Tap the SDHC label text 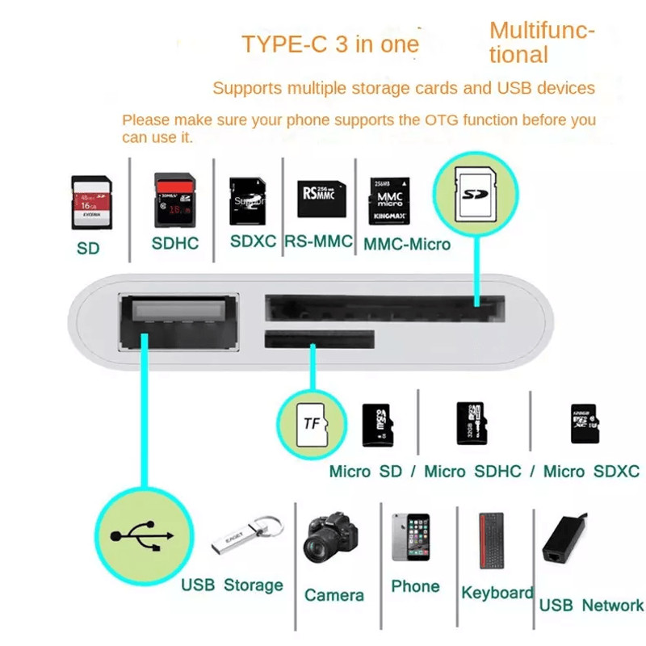(x=174, y=243)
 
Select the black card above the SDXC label (x=247, y=201)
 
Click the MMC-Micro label (x=407, y=243)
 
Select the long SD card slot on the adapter (x=385, y=307)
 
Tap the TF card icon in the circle (x=311, y=423)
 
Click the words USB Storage (x=232, y=585)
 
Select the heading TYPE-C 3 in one (x=331, y=44)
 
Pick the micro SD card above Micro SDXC (x=584, y=423)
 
